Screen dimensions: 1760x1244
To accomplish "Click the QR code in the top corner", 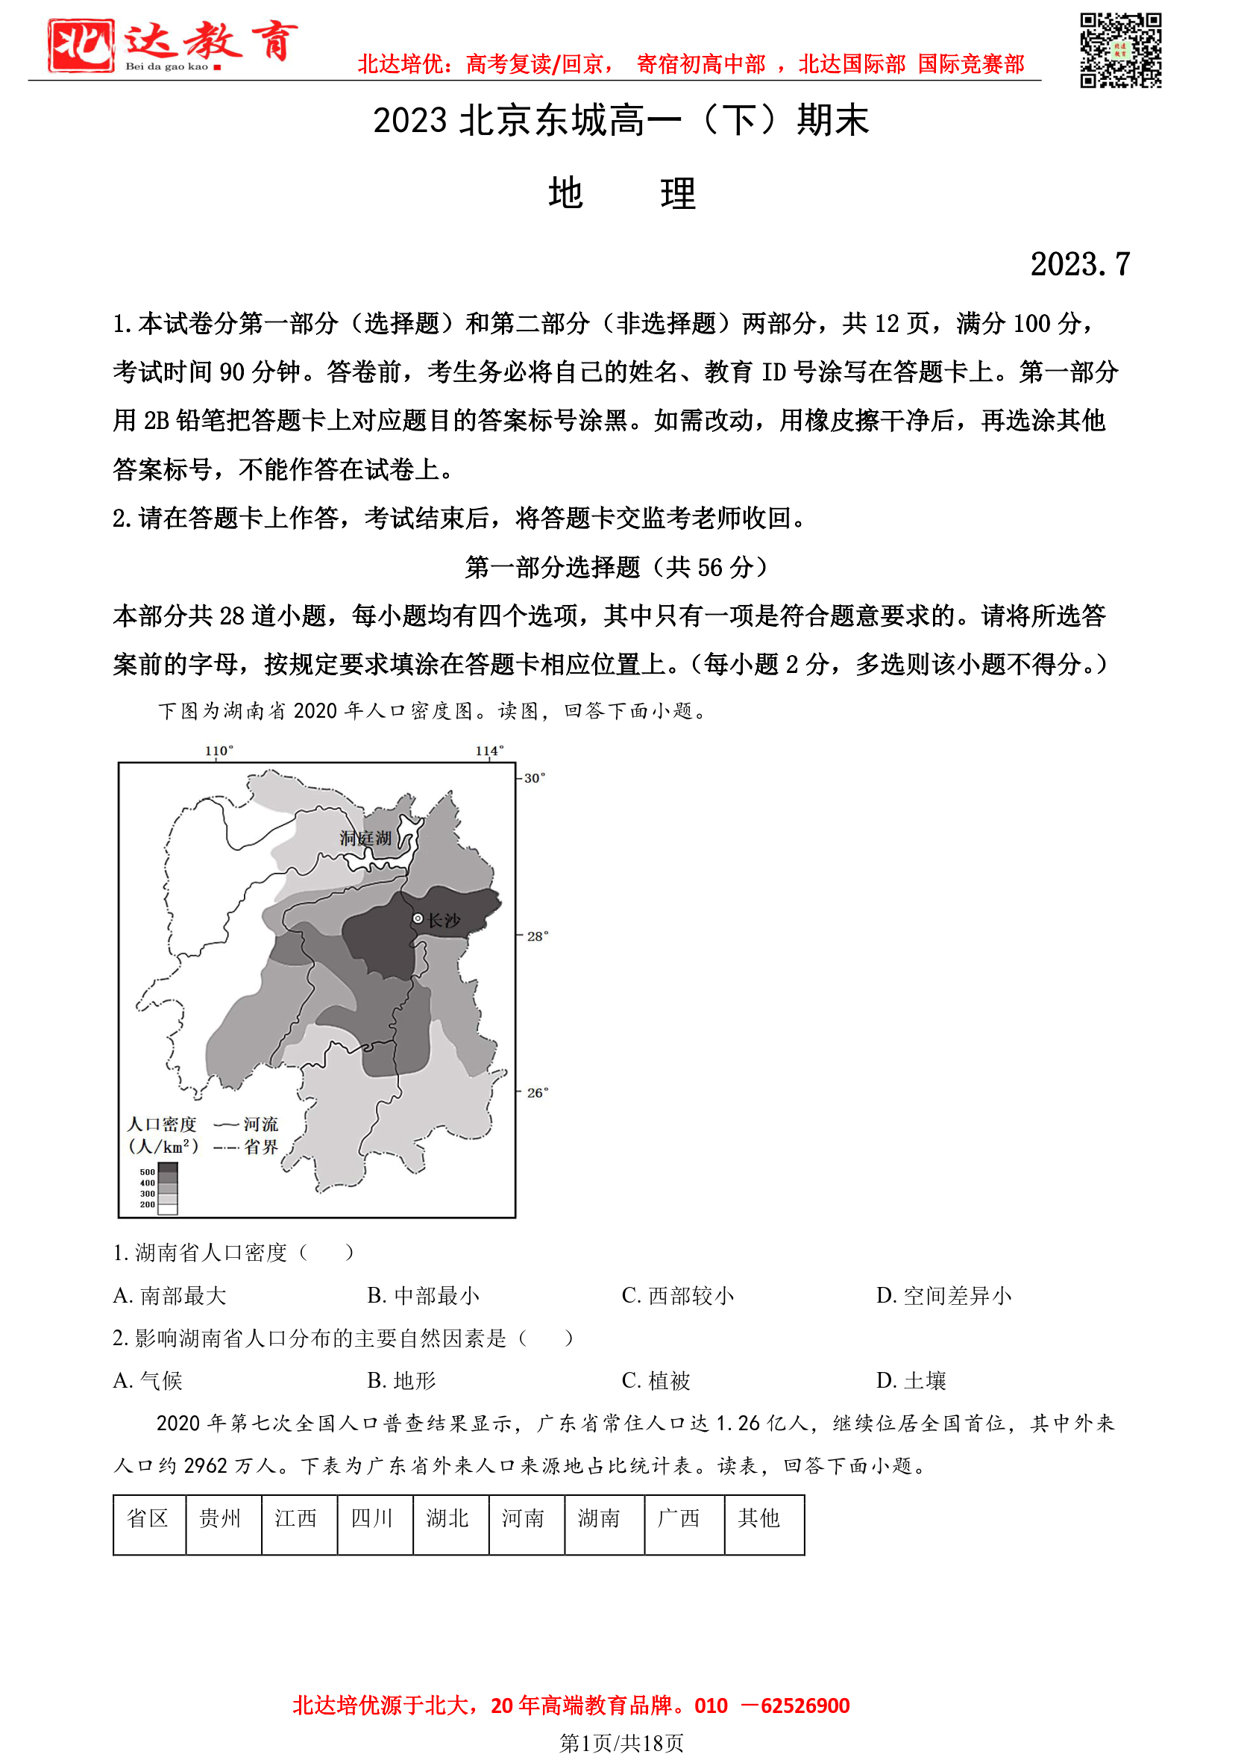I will tap(1120, 51).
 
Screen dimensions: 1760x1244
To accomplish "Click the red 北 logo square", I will tap(81, 46).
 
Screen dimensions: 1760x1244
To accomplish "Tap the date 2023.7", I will tap(1079, 264).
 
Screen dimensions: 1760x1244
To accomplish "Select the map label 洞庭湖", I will tap(365, 839).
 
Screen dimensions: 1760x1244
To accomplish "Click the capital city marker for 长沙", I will tap(418, 918).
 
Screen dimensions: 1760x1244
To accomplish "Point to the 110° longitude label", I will tap(219, 751).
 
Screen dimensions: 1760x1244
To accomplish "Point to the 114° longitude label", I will tap(489, 751).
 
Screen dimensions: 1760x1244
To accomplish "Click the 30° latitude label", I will tap(535, 778).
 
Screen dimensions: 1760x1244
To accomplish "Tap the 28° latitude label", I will tap(537, 936).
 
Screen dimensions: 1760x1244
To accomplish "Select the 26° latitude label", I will tap(537, 1092).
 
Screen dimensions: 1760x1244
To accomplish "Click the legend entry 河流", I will tap(260, 1124).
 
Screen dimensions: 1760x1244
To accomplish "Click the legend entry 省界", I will tap(260, 1147).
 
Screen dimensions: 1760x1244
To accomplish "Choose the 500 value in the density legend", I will tap(147, 1172).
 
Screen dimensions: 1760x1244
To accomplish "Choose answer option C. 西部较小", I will tap(678, 1295).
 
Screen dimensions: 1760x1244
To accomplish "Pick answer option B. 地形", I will tap(402, 1380).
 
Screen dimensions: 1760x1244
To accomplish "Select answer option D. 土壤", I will tap(911, 1380).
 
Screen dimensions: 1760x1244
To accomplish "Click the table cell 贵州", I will tap(221, 1518).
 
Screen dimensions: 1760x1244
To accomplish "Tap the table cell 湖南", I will tap(600, 1518).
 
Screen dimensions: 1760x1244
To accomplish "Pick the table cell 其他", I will tap(758, 1518).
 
